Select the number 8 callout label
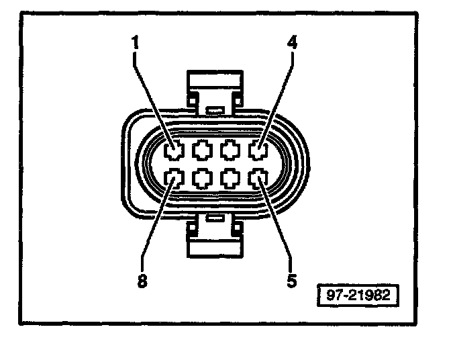click(x=142, y=279)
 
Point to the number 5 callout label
click(x=291, y=279)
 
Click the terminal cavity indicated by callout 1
click(x=174, y=150)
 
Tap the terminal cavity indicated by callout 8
click(x=174, y=179)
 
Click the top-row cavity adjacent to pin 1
click(x=202, y=150)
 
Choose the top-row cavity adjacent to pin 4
click(x=230, y=150)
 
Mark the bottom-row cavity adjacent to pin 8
click(x=202, y=179)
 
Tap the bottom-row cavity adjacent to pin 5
click(x=230, y=179)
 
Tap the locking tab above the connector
click(x=214, y=83)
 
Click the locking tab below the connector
click(x=214, y=245)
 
